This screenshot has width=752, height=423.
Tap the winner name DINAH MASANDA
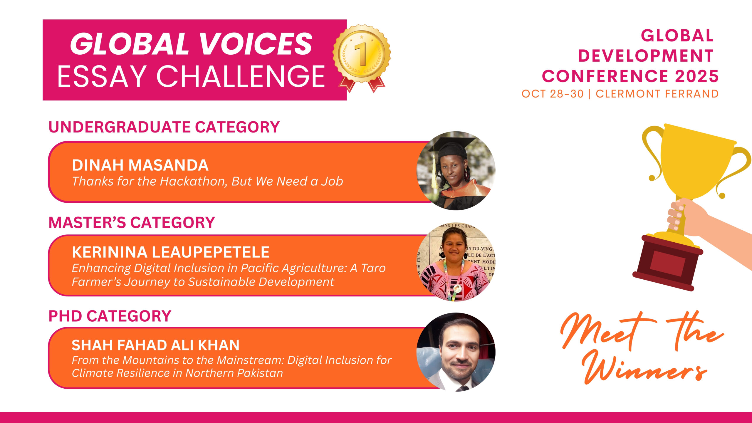140,165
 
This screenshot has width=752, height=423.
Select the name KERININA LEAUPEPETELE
171,252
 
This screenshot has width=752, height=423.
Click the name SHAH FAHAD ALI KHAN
155,345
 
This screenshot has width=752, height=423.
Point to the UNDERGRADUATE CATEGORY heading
164,127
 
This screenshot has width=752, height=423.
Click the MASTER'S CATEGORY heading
132,222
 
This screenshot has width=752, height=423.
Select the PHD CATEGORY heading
110,316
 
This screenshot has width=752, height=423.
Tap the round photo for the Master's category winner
456,262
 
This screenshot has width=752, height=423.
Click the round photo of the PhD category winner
456,352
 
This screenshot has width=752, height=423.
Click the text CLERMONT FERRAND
657,94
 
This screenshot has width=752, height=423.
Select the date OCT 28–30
552,94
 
